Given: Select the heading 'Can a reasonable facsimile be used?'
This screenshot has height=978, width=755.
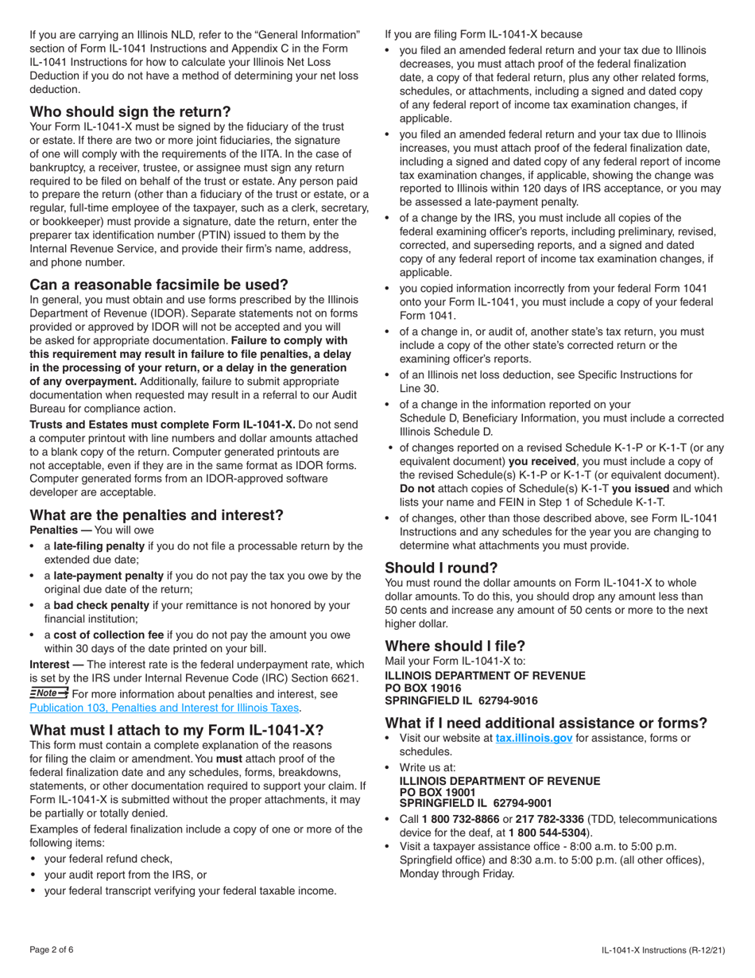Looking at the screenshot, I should click(x=158, y=284).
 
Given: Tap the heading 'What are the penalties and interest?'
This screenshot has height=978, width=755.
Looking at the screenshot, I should click(x=156, y=514).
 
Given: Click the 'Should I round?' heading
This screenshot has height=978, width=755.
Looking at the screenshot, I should click(x=441, y=568).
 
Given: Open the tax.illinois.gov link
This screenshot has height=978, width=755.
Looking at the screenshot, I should click(x=533, y=738).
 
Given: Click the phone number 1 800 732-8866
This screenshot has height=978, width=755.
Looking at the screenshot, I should click(x=462, y=818).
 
